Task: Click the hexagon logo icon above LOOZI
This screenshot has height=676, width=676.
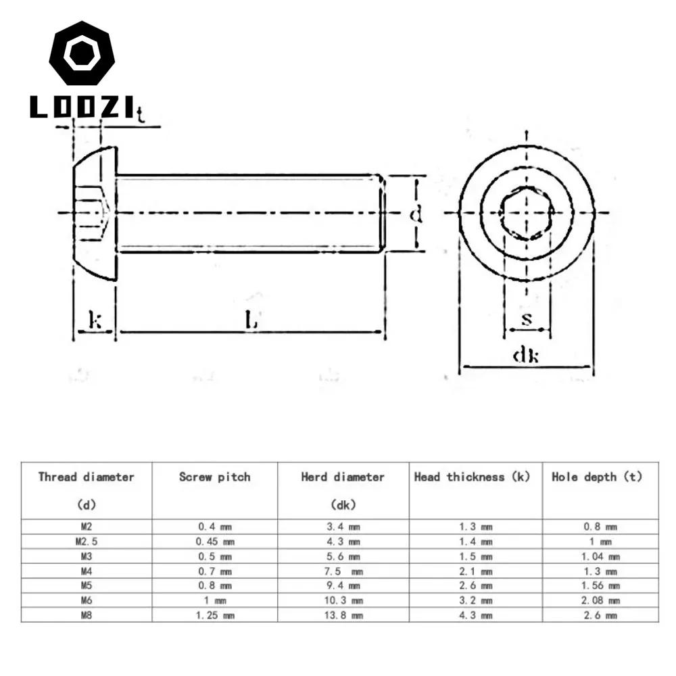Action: click(x=82, y=53)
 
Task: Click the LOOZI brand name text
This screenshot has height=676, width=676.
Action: click(x=82, y=107)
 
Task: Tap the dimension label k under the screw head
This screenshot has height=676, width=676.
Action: click(x=95, y=320)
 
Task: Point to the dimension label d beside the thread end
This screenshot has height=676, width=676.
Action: click(x=416, y=214)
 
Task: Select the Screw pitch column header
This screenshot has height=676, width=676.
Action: click(x=214, y=477)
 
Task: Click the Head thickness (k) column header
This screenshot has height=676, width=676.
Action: click(x=472, y=477)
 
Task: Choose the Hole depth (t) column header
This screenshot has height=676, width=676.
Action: click(x=597, y=477)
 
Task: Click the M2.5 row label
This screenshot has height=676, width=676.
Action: click(x=85, y=541)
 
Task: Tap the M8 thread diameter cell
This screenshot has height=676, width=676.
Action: click(x=85, y=615)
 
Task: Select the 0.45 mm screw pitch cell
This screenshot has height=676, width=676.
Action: click(x=214, y=541)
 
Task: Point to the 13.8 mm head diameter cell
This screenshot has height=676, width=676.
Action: click(x=343, y=615)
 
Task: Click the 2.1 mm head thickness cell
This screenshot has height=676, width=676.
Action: click(x=477, y=571)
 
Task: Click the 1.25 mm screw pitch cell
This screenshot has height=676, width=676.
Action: click(x=214, y=615)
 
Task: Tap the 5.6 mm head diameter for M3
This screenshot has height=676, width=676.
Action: click(x=343, y=556)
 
